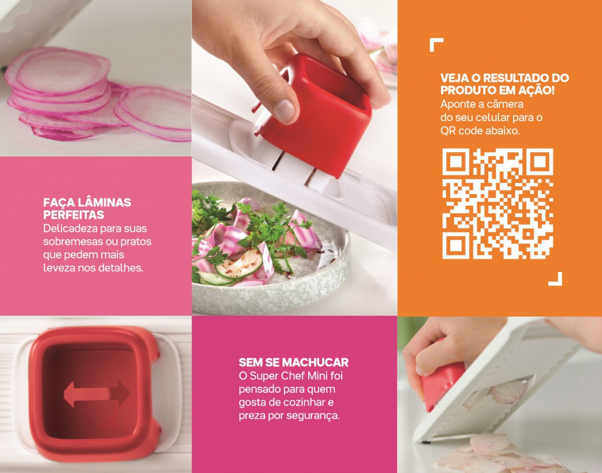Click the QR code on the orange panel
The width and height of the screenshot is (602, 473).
498,204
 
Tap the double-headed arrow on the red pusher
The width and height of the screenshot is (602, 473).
97,394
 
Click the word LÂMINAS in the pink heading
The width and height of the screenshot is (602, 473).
104,202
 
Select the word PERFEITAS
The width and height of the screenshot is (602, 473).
74,215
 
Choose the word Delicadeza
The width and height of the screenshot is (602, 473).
70,229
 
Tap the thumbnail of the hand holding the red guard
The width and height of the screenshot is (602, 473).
500,395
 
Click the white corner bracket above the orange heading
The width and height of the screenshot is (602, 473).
436,45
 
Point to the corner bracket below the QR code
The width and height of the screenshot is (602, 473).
555,279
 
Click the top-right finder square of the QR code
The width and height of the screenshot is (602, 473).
539,162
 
